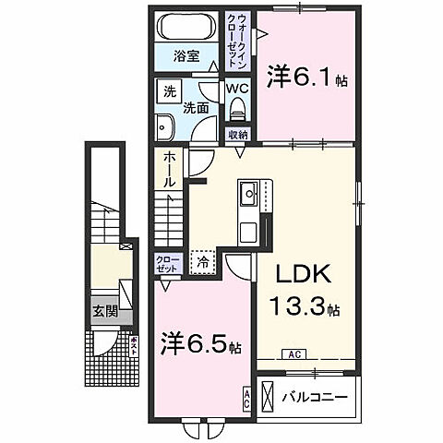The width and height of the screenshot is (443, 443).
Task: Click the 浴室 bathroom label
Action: pyautogui.click(x=187, y=56)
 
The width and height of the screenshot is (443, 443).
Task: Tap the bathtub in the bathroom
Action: pyautogui.click(x=187, y=26)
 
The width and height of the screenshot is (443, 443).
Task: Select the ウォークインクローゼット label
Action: pyautogui.click(x=237, y=37)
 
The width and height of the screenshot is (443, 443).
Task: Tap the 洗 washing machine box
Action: pyautogui.click(x=169, y=90)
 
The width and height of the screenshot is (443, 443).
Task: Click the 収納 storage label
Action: pyautogui.click(x=238, y=135)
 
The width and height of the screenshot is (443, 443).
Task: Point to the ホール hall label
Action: pyautogui.click(x=170, y=171)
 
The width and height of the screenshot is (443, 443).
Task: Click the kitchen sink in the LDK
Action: pyautogui.click(x=248, y=194)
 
